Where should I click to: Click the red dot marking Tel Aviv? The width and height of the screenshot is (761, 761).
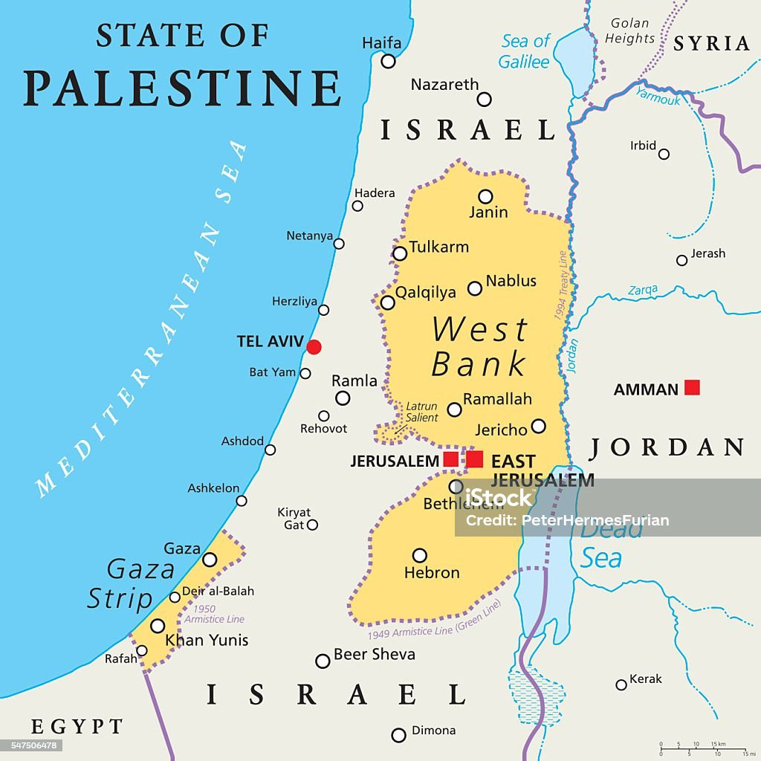314,347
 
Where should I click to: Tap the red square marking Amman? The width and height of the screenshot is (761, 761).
692,387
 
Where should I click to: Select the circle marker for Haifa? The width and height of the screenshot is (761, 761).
388,61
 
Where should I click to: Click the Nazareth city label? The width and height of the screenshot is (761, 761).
444,85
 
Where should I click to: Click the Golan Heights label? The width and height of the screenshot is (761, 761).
629,30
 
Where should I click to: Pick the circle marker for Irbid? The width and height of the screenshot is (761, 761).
664,154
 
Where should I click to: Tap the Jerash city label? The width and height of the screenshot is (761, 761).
707,253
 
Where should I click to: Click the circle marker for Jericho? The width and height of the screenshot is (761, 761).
538,426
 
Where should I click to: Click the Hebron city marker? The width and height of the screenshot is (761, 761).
420,555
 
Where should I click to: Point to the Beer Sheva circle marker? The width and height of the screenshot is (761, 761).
323,661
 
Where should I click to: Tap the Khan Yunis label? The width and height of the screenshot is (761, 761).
207,640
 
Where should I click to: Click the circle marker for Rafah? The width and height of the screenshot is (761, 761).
142,651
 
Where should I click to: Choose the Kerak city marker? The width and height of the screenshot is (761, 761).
621,684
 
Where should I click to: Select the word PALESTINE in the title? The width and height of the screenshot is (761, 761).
182,88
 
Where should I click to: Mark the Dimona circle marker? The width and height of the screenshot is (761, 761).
399,735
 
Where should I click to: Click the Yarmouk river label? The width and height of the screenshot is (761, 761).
658,96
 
